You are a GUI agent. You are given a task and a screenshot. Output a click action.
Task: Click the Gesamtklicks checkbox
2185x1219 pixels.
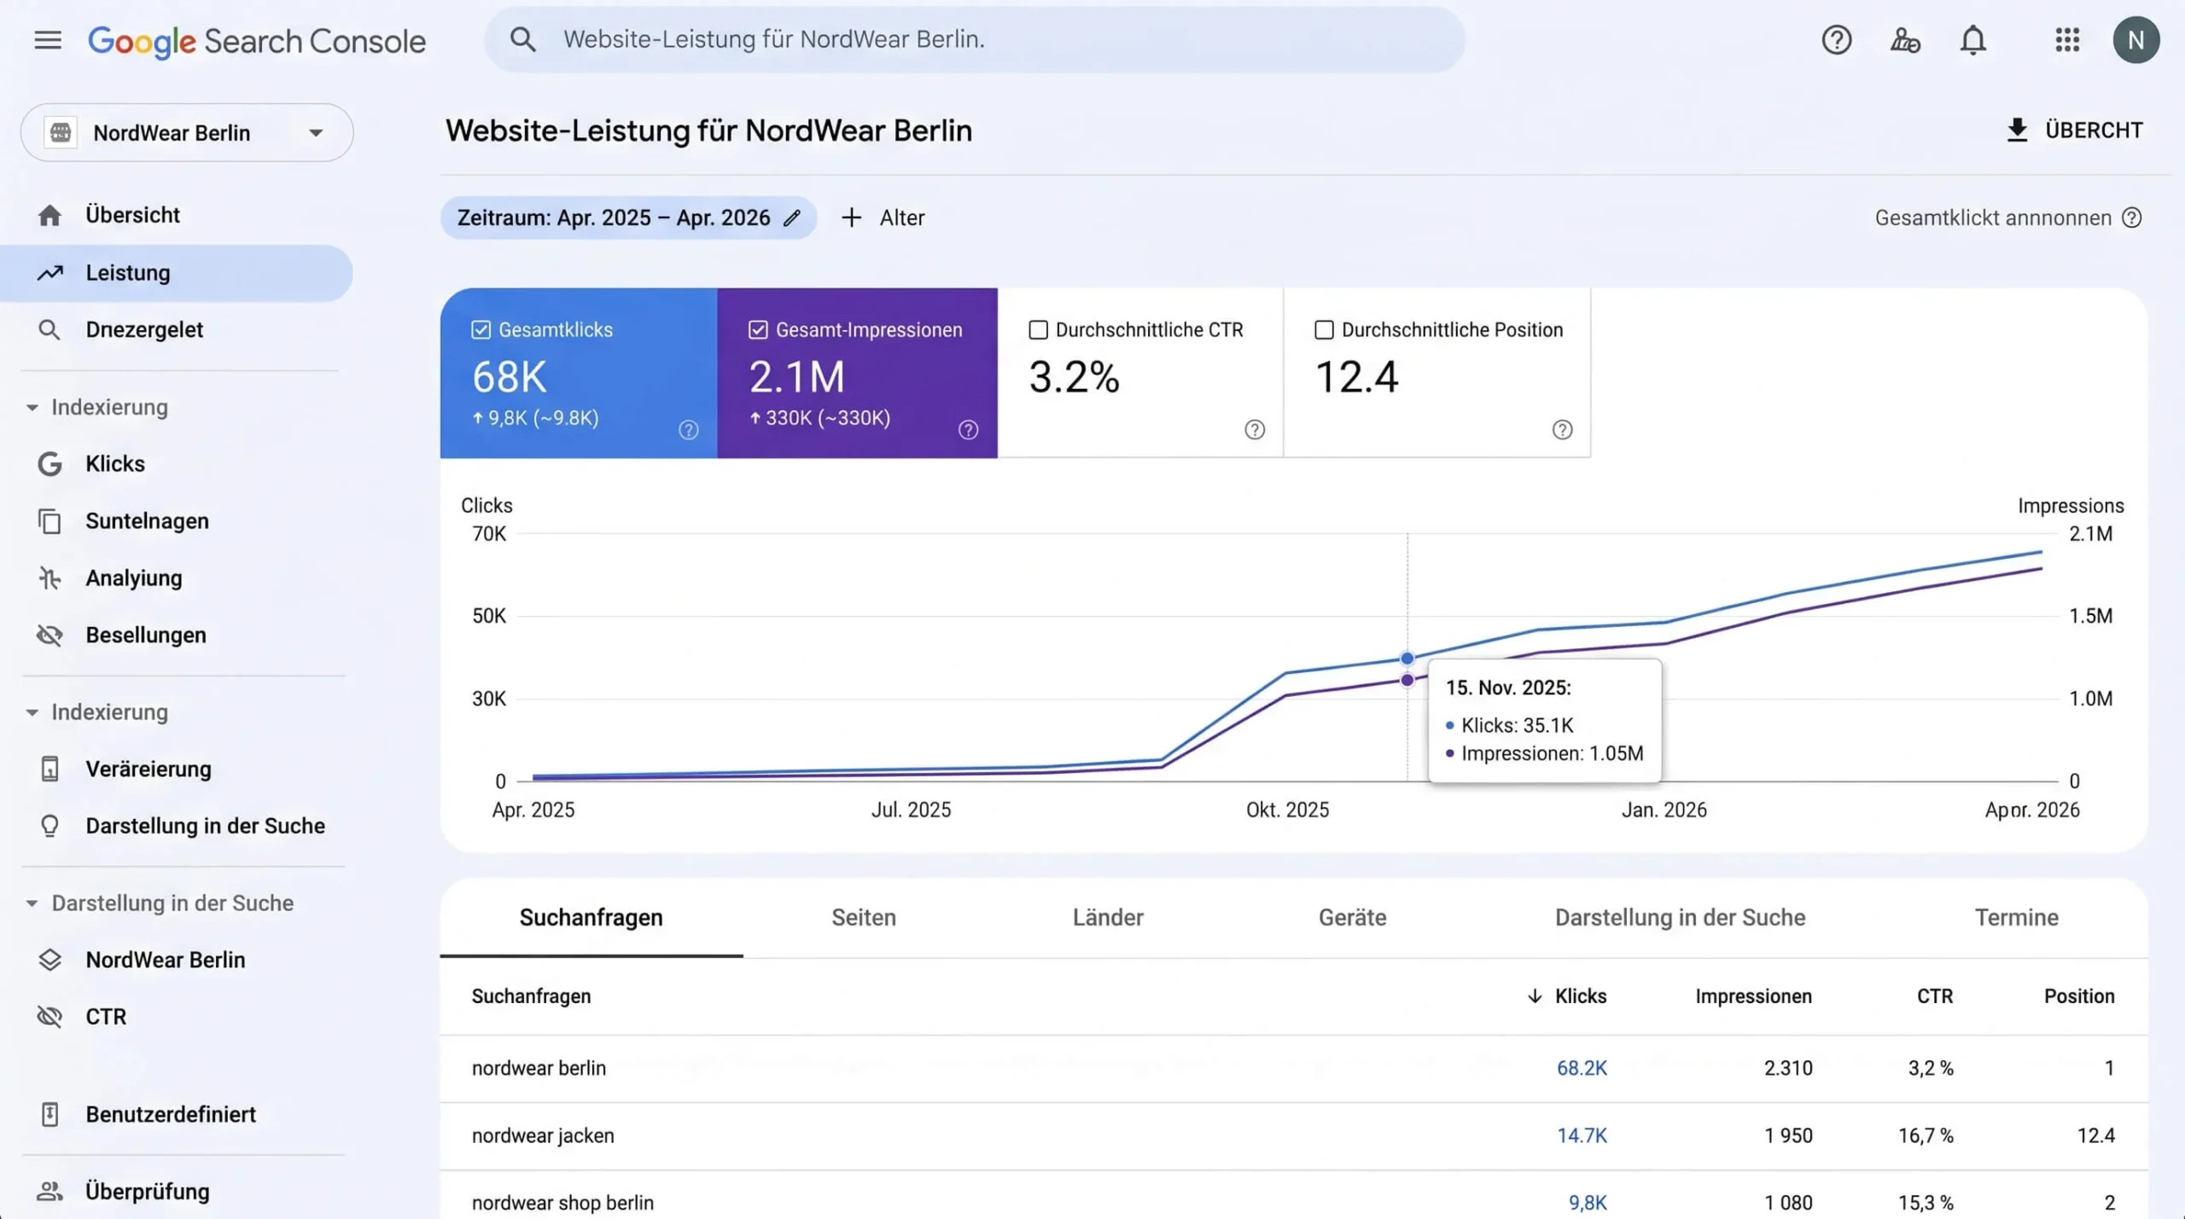point(481,330)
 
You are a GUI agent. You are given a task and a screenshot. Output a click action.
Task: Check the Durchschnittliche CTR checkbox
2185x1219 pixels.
point(1038,330)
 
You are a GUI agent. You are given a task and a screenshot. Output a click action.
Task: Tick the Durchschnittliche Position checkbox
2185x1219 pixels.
point(1324,330)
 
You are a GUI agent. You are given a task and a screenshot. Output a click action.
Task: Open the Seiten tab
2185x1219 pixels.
point(864,917)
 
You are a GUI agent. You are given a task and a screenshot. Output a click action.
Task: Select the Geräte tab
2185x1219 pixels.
point(1352,917)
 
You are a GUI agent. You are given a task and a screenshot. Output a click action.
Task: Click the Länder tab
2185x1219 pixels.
point(1108,917)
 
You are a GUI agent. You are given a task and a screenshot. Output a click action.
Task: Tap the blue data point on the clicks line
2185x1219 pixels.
point(1407,659)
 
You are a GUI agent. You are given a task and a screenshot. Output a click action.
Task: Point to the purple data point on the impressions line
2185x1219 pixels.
point(1407,680)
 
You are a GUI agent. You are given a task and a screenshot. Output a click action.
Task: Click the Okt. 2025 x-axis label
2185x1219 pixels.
point(1287,810)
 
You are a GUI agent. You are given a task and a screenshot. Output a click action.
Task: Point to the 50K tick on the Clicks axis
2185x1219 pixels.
point(489,616)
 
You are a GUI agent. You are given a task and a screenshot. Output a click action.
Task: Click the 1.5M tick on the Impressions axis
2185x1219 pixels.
point(2090,616)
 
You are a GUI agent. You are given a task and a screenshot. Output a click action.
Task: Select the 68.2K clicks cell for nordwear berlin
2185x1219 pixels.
point(1582,1068)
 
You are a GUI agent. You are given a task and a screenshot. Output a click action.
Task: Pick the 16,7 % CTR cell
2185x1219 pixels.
point(1926,1135)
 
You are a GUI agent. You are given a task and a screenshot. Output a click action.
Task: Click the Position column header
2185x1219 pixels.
point(2079,996)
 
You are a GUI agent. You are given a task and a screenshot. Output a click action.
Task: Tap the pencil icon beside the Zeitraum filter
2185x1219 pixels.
point(792,218)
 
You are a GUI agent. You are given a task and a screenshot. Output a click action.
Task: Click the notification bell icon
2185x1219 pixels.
point(1972,40)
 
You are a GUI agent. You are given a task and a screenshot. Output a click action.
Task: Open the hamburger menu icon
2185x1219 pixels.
point(48,40)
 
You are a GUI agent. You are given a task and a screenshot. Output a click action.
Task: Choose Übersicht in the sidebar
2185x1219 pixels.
point(132,215)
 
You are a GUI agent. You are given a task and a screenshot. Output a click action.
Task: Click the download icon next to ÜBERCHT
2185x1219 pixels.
point(2017,131)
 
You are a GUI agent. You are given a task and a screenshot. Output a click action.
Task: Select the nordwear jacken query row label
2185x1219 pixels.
point(543,1135)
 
